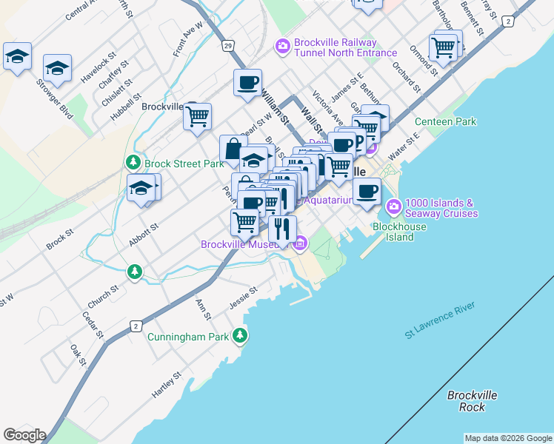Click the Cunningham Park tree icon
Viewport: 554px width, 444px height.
click(239, 337)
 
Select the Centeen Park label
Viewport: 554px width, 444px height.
click(445, 121)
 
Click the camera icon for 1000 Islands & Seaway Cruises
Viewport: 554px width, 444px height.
click(394, 205)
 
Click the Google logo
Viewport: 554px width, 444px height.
click(24, 435)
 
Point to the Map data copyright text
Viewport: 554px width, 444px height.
click(507, 438)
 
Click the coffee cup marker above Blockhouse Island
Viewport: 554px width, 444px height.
click(367, 191)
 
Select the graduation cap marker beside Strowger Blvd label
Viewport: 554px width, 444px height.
click(57, 68)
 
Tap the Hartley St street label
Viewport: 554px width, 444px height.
click(166, 385)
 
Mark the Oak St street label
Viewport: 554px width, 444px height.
click(79, 354)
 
